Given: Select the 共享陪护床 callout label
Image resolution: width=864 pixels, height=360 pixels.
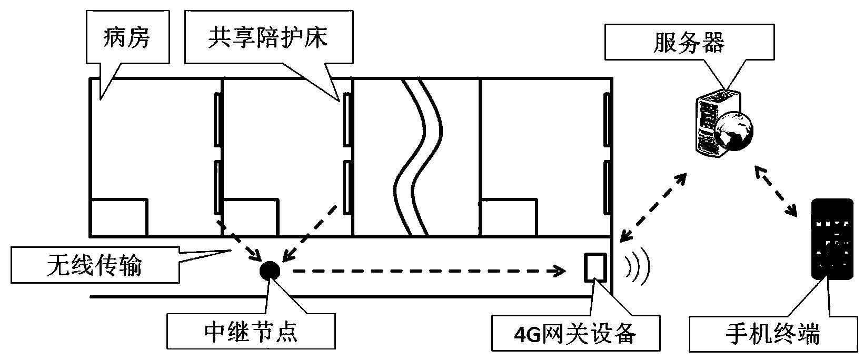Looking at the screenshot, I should coord(268,38).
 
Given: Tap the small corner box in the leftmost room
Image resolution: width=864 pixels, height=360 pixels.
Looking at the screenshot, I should coord(119,217).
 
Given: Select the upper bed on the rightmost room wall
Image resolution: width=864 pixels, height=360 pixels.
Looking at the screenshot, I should coord(607,119).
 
